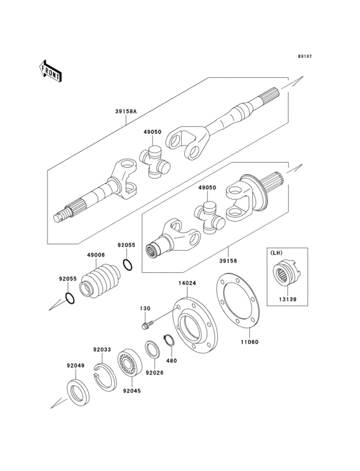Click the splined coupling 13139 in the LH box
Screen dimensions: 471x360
coord(283,277)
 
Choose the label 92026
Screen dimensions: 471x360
coord(154,372)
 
